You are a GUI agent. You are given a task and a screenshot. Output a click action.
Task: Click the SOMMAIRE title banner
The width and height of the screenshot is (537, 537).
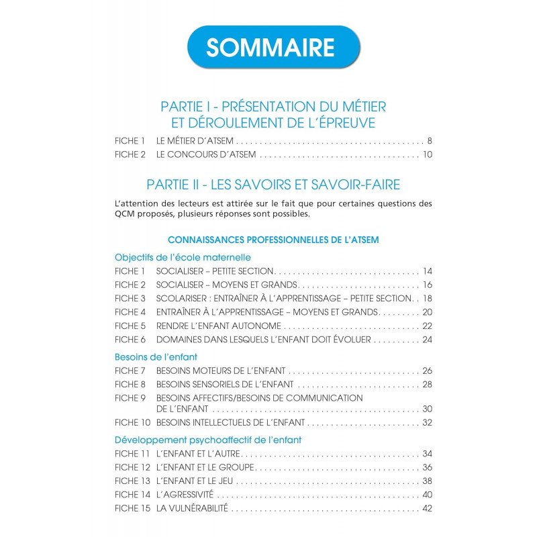(270, 47)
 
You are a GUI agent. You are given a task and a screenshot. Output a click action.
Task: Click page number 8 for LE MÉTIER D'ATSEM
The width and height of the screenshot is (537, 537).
(429, 142)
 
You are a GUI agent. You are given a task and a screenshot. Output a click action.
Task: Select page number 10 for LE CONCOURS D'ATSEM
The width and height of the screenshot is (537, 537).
(427, 155)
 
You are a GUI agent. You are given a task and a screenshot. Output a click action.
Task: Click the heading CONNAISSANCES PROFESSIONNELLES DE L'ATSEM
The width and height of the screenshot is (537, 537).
(273, 240)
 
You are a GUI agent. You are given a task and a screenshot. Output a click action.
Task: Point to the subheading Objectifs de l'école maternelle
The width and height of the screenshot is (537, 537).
(183, 257)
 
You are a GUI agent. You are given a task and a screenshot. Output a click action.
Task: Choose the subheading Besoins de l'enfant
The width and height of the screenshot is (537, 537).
(156, 356)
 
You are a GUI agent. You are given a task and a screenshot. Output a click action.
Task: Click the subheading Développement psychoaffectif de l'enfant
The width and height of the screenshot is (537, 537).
(208, 440)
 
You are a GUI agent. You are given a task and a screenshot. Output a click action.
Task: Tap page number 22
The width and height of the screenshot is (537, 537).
(427, 326)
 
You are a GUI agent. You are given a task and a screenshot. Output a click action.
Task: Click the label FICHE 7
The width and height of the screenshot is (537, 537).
(130, 371)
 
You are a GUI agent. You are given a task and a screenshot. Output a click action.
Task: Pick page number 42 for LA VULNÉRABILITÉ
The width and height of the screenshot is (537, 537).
(427, 508)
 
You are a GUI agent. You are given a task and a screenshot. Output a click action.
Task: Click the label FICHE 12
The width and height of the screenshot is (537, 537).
(132, 467)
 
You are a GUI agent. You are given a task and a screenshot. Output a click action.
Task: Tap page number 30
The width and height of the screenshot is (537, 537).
(427, 409)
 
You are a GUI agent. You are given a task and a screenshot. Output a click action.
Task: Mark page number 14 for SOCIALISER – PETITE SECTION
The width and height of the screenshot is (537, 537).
(427, 271)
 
